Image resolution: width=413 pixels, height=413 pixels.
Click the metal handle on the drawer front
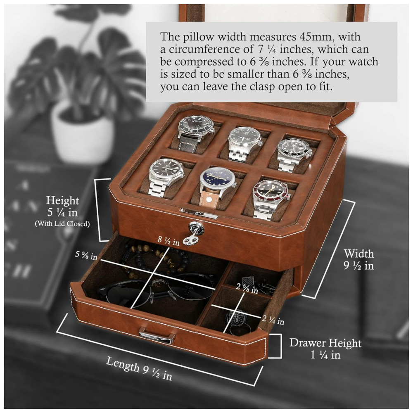[x=157, y=335]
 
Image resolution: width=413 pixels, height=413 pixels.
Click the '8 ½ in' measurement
[x=169, y=240]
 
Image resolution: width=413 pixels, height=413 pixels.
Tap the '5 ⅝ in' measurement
[x=86, y=255]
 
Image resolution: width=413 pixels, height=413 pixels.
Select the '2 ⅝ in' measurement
[x=247, y=288]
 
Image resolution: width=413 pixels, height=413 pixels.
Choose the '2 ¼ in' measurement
[x=273, y=320]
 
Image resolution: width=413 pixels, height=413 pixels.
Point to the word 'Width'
[x=359, y=254]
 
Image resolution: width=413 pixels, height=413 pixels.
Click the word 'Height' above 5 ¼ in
[x=62, y=200]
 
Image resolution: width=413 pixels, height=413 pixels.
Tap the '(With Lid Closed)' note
[x=62, y=223]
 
